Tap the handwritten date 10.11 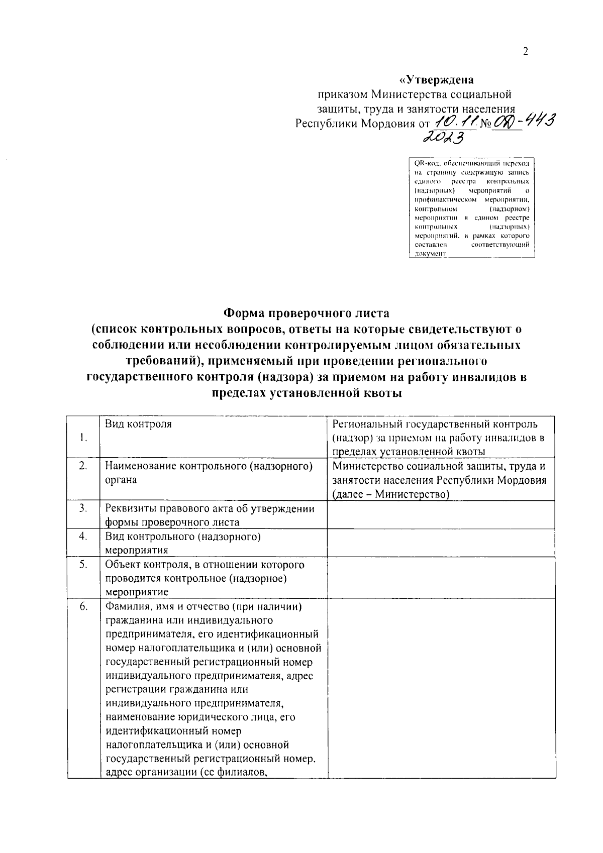(455, 121)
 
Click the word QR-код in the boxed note (425, 163)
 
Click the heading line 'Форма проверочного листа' (306, 313)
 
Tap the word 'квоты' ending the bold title (384, 393)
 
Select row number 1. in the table (83, 438)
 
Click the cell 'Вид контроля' (138, 424)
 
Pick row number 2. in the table (83, 466)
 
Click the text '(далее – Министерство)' (390, 494)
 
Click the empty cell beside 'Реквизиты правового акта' (441, 514)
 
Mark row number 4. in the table (83, 536)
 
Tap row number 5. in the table (83, 564)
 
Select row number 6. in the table (83, 606)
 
